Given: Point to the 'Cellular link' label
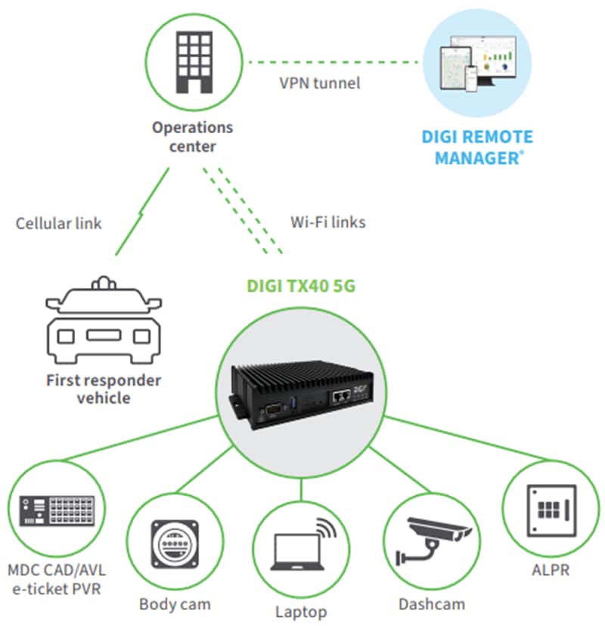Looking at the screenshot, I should coord(58,223).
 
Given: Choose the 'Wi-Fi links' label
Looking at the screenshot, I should coord(328,222).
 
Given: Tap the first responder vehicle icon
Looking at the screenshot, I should coord(104,322).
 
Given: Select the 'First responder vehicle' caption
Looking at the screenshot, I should coord(104,389).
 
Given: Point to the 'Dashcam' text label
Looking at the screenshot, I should coord(431,604).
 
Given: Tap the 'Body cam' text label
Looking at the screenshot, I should coord(175,604).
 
